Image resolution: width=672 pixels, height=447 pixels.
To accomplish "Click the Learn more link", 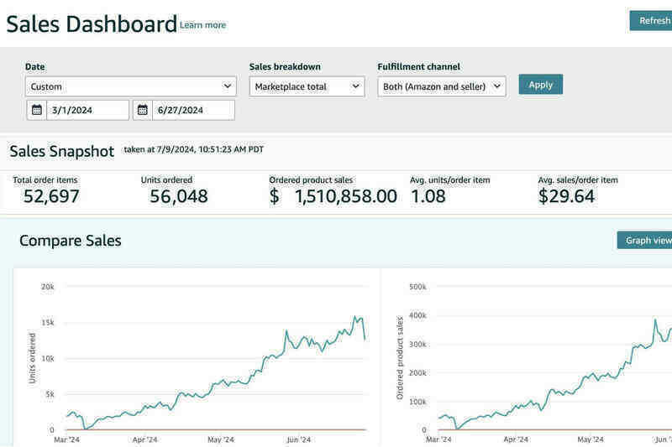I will click(202, 25).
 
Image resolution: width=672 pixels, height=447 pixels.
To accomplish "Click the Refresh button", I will click(654, 21).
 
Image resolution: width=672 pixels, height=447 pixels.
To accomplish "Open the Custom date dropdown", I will click(130, 86).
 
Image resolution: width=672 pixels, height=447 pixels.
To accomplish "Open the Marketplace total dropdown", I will click(307, 86).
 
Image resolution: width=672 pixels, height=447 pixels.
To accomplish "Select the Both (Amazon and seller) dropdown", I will click(441, 86).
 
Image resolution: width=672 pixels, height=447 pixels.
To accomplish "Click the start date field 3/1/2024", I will click(87, 110).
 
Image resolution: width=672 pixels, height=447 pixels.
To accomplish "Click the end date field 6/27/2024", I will click(193, 110).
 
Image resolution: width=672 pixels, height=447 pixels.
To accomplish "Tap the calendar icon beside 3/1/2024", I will click(37, 110).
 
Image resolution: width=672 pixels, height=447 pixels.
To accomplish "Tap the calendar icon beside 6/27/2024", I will click(143, 110).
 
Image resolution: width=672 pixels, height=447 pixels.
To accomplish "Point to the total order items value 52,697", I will click(51, 197).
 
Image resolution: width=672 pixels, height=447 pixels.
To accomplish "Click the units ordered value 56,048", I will click(178, 197).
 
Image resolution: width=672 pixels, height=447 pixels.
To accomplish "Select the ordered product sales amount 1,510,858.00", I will click(345, 197).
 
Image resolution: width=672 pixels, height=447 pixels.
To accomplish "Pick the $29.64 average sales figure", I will click(566, 197).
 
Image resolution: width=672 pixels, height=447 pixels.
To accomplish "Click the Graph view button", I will click(648, 241).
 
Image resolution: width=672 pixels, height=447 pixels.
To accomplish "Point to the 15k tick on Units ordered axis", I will click(47, 323).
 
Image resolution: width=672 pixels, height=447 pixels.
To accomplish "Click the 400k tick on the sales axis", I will click(417, 315).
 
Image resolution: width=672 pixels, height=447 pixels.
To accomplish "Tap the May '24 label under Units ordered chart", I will click(220, 439).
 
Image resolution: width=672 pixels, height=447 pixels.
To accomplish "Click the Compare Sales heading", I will click(71, 241).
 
